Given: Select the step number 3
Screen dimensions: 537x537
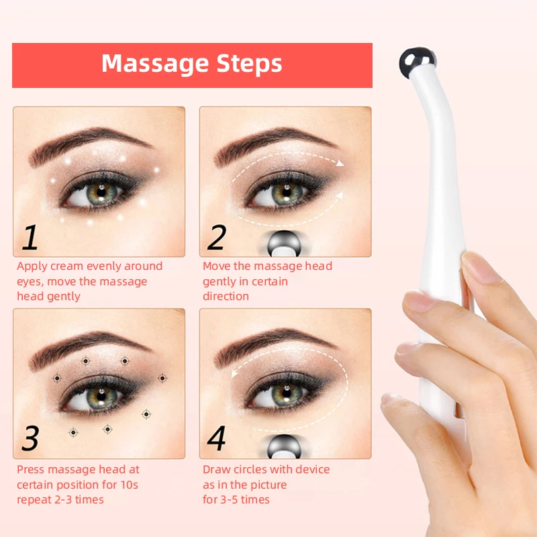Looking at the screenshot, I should pos(30,438).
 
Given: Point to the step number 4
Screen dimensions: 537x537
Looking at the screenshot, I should pos(216,438).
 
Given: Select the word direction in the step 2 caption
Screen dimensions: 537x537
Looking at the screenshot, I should pos(226,297).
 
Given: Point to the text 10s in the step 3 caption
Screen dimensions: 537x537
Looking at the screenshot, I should pos(131,485).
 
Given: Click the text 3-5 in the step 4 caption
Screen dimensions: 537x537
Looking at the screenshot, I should pos(234,500).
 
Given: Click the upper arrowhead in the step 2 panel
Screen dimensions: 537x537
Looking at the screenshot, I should pos(340,162).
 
